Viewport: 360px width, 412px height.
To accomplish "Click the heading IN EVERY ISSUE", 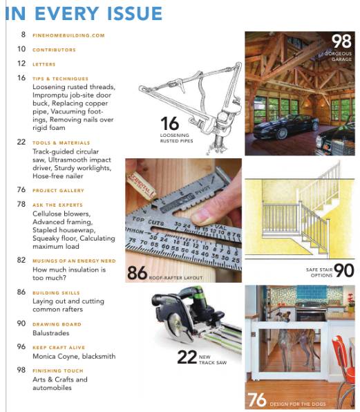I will point(84,13).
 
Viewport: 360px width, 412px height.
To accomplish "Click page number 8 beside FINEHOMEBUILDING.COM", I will point(23,35).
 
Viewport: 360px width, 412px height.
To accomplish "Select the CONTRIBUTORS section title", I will point(54,50).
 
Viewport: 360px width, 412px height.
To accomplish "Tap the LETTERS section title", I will point(44,64).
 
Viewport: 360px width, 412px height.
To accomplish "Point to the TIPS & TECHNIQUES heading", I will point(60,79).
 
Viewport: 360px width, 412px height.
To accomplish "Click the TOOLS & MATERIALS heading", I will point(60,142).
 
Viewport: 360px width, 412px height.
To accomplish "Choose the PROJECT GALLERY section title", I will point(58,190).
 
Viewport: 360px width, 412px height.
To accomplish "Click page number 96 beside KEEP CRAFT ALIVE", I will point(21,347).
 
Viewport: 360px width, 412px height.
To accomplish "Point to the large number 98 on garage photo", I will point(341,41).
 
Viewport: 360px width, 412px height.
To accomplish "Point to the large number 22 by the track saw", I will point(187,356).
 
